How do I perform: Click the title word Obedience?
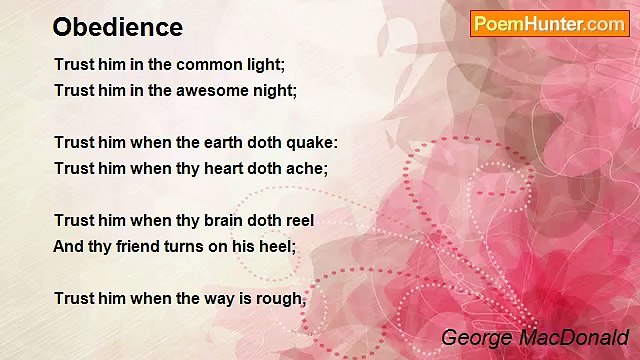pos(117,27)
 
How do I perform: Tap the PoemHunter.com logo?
pos(549,23)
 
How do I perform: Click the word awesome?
pos(210,90)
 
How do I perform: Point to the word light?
pos(264,65)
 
